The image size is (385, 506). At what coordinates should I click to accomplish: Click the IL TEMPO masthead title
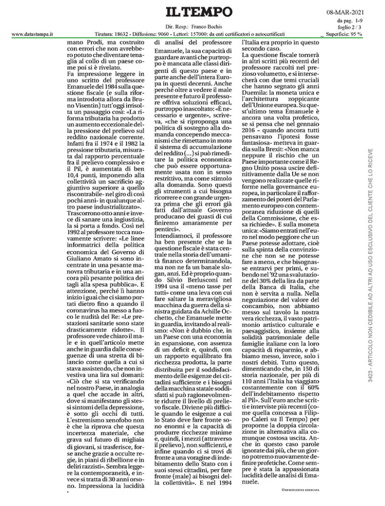pos(193,11)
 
